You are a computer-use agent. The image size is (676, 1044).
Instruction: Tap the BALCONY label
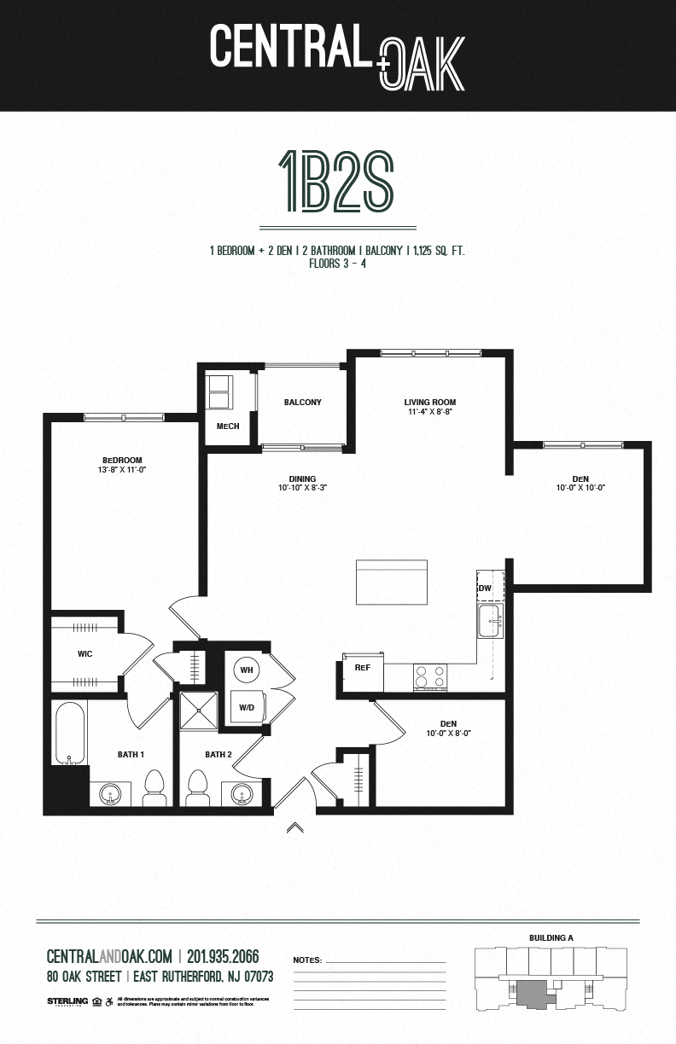coord(302,403)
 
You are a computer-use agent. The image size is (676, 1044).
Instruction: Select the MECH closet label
coord(227,426)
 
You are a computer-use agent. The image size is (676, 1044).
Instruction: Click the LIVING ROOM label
coord(429,403)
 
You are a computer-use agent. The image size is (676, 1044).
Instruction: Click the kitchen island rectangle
coord(392,583)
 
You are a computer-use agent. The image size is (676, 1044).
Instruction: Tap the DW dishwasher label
coord(485,589)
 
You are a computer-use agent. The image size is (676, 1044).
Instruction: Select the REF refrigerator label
coord(362,668)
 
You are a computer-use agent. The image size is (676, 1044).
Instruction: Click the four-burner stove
coord(429,676)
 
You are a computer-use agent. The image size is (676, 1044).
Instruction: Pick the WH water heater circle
coord(246,670)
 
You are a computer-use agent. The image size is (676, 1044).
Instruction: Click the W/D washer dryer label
coord(246,707)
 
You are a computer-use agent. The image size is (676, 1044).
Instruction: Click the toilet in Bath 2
coord(198,786)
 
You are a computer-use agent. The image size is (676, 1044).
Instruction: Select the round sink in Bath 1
coord(110,796)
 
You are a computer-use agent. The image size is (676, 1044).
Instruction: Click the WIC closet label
coord(84,654)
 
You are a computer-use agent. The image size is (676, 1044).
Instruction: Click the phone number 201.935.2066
coord(223,956)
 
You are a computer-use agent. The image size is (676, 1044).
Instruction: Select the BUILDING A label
coord(551,938)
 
